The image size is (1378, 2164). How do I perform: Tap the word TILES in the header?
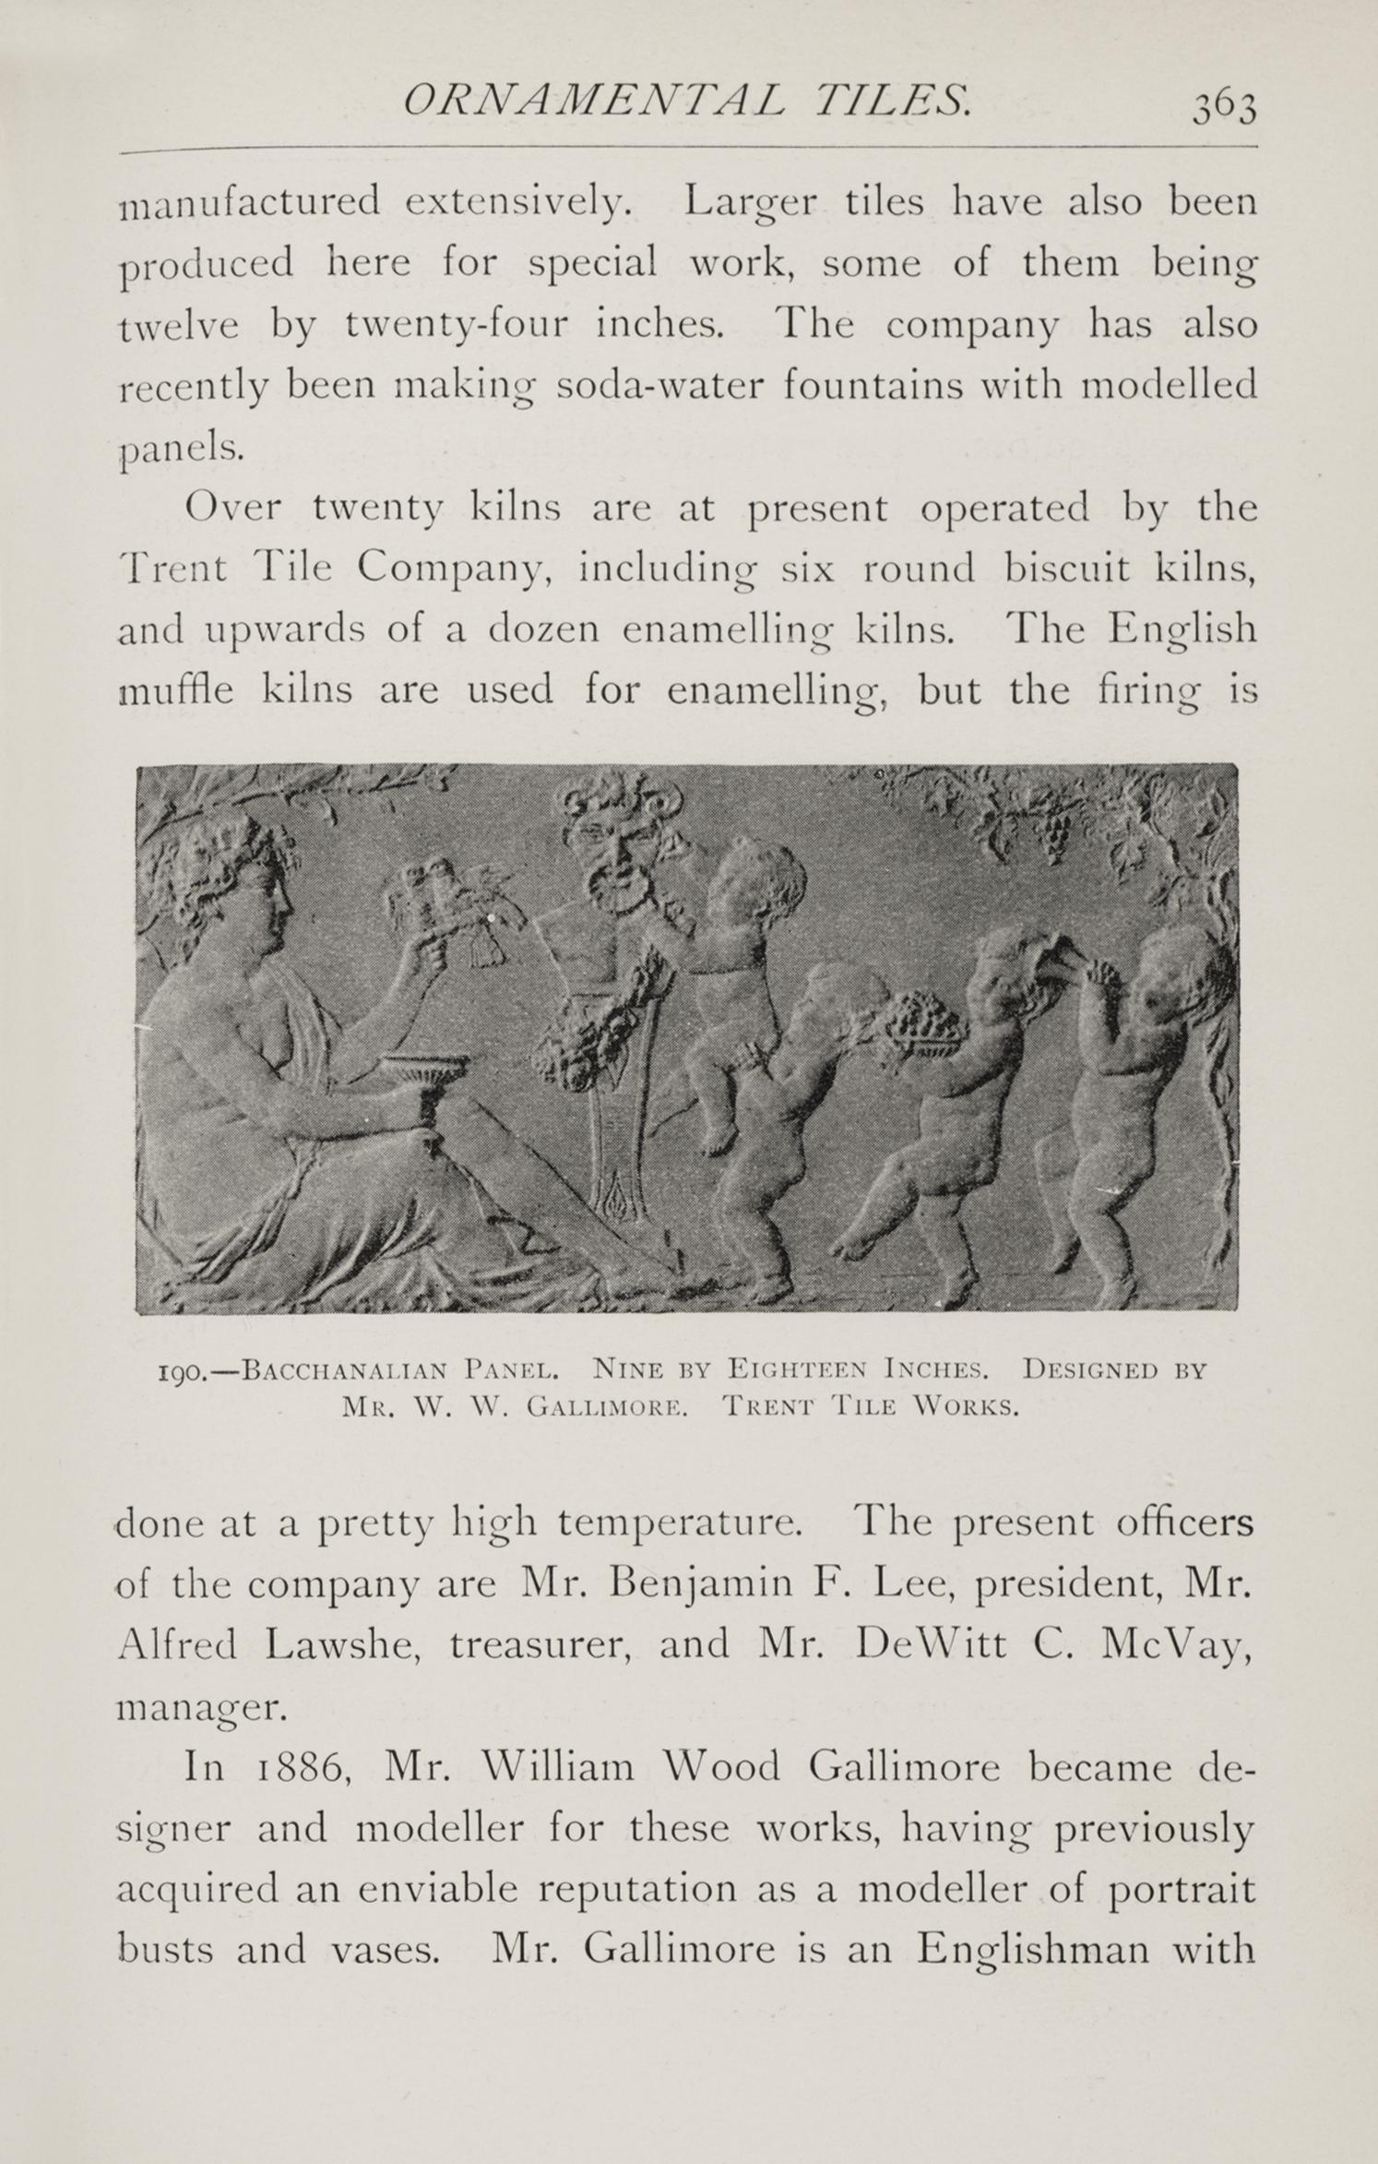coord(887,100)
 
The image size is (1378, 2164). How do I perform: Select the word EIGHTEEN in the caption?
coord(794,1370)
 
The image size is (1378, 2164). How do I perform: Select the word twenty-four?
coord(457,325)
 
